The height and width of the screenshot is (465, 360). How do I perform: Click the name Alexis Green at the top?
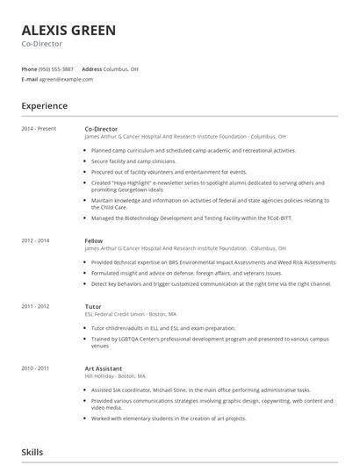coord(68,31)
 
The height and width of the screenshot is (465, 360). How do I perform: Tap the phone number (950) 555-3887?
coord(57,68)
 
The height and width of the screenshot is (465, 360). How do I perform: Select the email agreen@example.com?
coord(66,79)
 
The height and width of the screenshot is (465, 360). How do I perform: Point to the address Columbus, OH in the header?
coord(121,68)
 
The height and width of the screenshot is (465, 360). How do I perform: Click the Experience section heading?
coord(44,106)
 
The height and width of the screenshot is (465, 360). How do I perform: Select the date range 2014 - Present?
coord(39,129)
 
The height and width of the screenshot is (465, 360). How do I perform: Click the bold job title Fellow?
coord(93,240)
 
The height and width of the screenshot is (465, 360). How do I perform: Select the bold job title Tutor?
coord(92,305)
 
